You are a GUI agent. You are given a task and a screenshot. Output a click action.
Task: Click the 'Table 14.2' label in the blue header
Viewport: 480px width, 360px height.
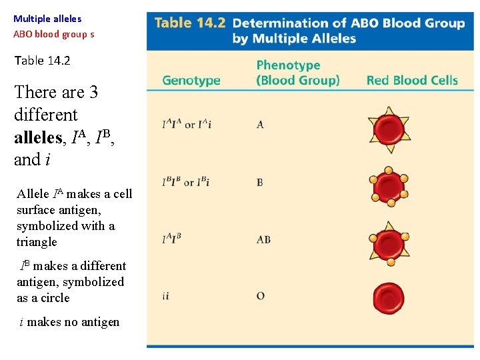pyautogui.click(x=190, y=23)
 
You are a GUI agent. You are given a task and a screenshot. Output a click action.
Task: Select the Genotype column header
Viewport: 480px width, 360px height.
pyautogui.click(x=191, y=81)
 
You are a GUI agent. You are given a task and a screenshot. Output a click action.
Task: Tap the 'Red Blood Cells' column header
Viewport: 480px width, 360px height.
pyautogui.click(x=412, y=81)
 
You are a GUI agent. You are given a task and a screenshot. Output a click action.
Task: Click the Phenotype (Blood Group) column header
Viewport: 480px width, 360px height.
pyautogui.click(x=297, y=73)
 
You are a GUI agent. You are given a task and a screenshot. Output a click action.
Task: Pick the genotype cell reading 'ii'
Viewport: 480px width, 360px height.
pyautogui.click(x=165, y=296)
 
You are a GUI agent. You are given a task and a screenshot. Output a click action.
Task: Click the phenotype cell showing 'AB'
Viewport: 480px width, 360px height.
pyautogui.click(x=263, y=239)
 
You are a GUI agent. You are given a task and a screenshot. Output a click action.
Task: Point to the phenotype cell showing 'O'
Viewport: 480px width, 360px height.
pyautogui.click(x=260, y=296)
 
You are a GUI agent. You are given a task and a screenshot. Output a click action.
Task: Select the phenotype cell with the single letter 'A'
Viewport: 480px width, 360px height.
pyautogui.click(x=260, y=125)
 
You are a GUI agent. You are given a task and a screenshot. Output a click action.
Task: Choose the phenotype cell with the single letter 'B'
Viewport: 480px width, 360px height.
pyautogui.click(x=260, y=182)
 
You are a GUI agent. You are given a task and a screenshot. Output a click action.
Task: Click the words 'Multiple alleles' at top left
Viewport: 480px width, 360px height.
pyautogui.click(x=47, y=19)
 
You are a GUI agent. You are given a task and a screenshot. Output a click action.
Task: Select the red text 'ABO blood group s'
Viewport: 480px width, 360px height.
pyautogui.click(x=54, y=33)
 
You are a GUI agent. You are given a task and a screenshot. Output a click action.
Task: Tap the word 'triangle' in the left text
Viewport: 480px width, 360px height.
pyautogui.click(x=37, y=242)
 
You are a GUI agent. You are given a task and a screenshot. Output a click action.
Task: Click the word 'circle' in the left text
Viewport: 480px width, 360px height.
pyautogui.click(x=53, y=298)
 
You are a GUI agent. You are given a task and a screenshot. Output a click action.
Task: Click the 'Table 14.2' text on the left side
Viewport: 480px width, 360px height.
pyautogui.click(x=42, y=61)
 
